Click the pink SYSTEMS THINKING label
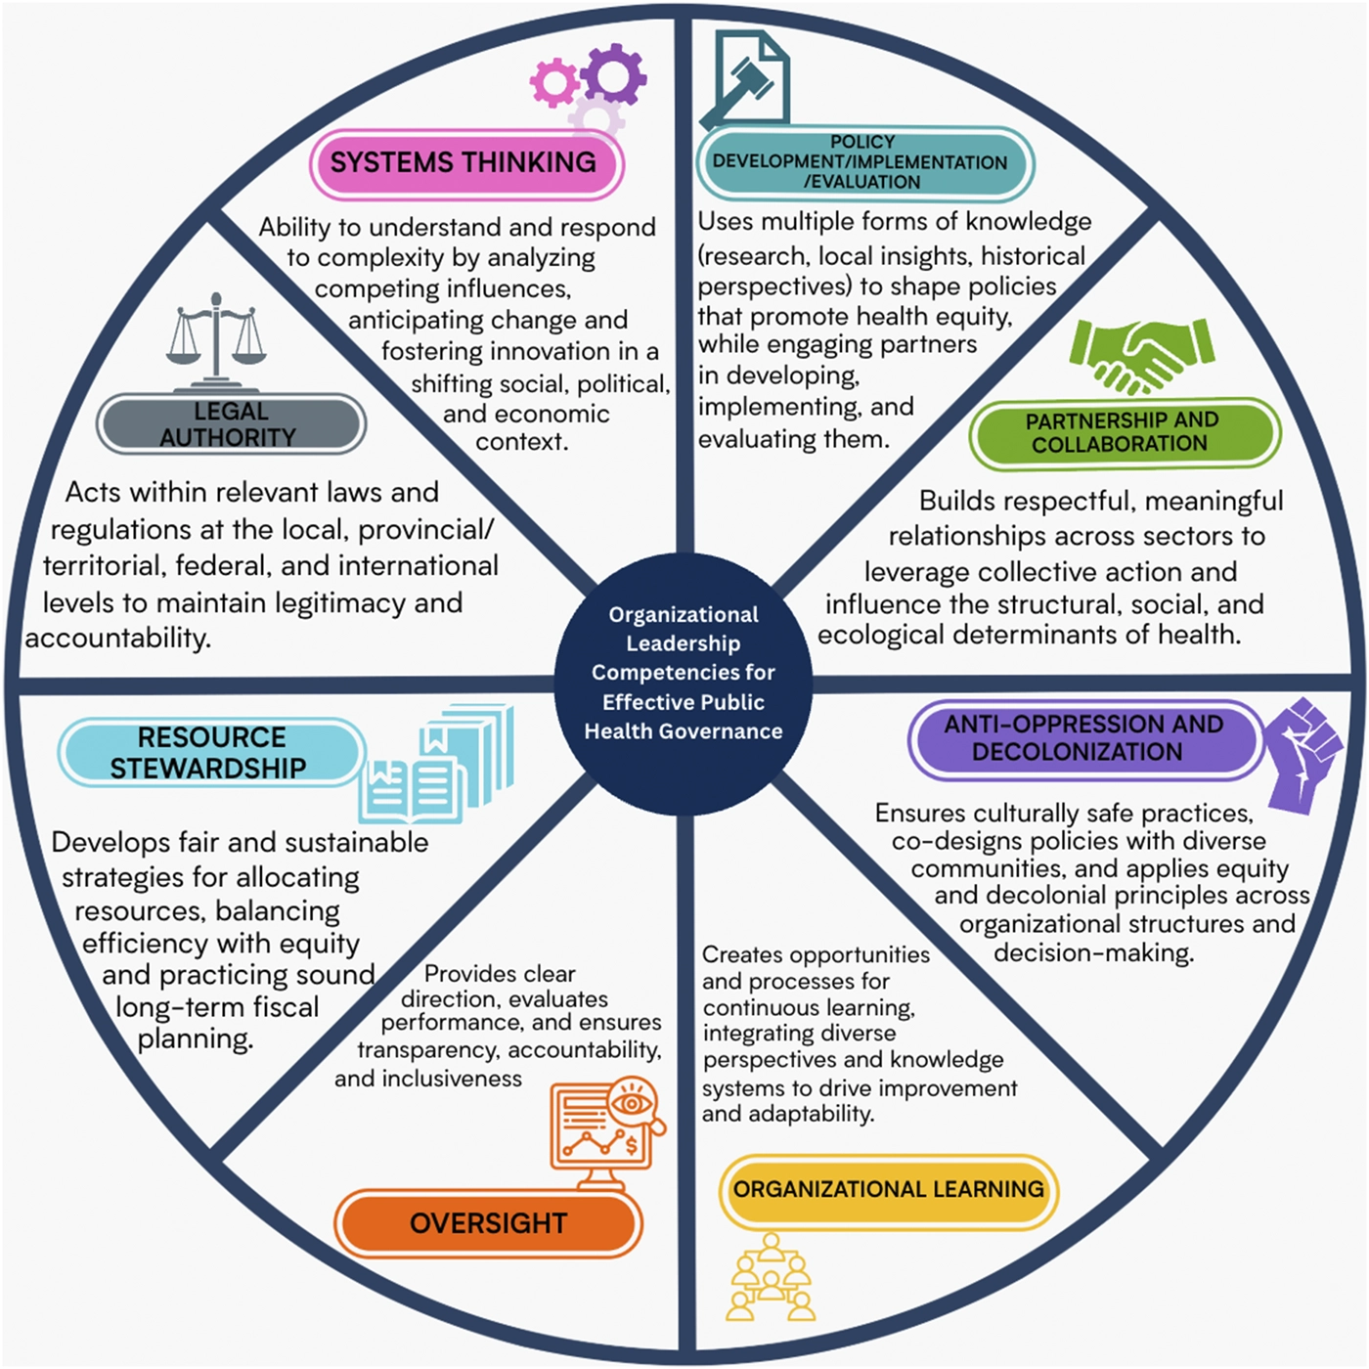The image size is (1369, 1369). click(x=466, y=163)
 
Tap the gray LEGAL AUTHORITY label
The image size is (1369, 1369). click(x=231, y=424)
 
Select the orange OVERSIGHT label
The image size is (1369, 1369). click(x=488, y=1222)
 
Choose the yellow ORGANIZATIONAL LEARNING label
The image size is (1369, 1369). click(x=888, y=1189)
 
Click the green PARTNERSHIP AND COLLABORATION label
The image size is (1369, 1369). click(x=1125, y=432)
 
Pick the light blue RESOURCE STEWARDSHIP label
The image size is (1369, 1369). click(x=211, y=752)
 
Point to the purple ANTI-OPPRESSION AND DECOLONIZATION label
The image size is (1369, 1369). click(x=1082, y=738)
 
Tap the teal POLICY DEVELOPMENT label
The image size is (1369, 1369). click(x=864, y=162)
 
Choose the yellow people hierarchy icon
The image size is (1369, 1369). click(x=771, y=1277)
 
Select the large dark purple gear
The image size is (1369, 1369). click(x=614, y=75)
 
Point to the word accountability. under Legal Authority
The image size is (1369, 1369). click(x=118, y=638)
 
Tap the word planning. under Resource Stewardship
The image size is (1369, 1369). click(x=196, y=1038)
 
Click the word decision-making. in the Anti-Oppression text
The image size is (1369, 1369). click(x=1094, y=952)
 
